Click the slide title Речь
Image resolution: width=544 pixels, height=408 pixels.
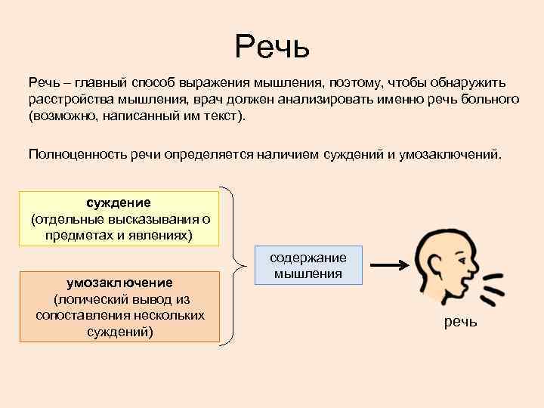[x=272, y=47]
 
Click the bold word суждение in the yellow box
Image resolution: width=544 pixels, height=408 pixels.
[x=119, y=202]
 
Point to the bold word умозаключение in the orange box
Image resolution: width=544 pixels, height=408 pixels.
[x=119, y=282]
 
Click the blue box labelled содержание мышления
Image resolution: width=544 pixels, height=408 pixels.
[x=308, y=265]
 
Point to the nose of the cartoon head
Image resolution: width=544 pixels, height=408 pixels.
[x=474, y=267]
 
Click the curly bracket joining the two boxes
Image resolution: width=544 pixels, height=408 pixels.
[x=236, y=264]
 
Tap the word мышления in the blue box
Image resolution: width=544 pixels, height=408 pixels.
[x=308, y=274]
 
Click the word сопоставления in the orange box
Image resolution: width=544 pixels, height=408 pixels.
[x=80, y=314]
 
